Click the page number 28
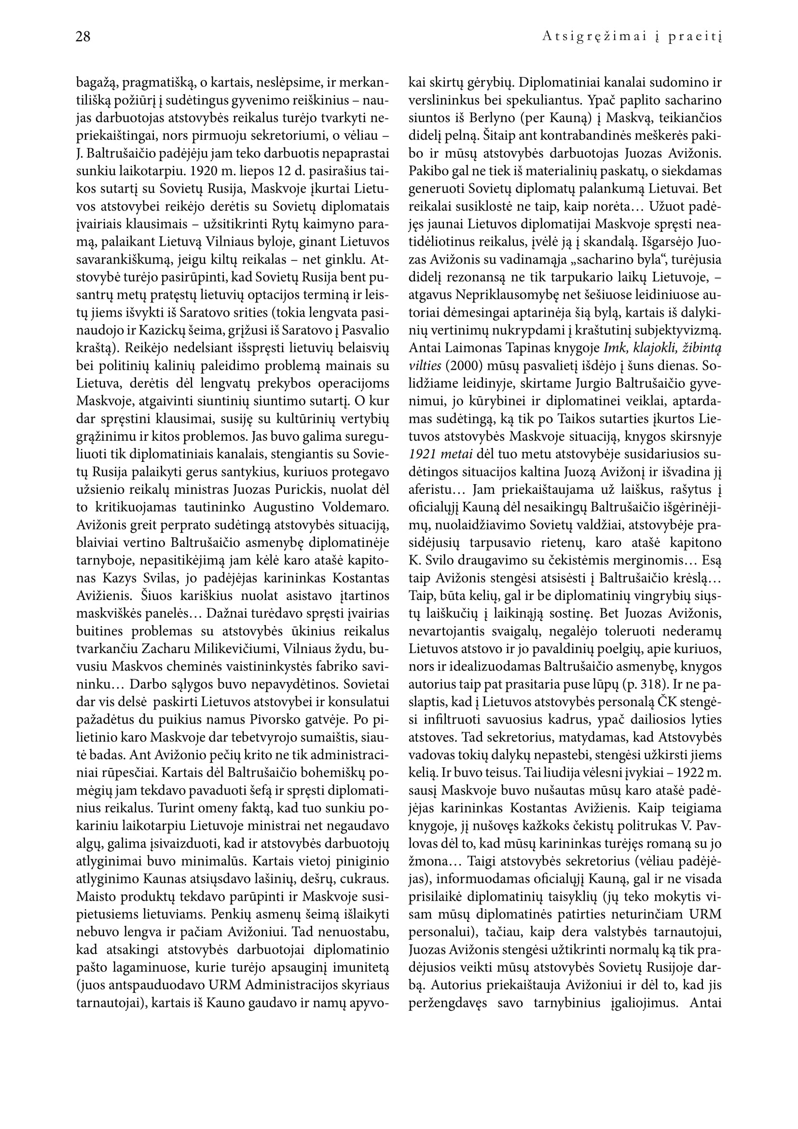83,37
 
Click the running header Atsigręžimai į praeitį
632,37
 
